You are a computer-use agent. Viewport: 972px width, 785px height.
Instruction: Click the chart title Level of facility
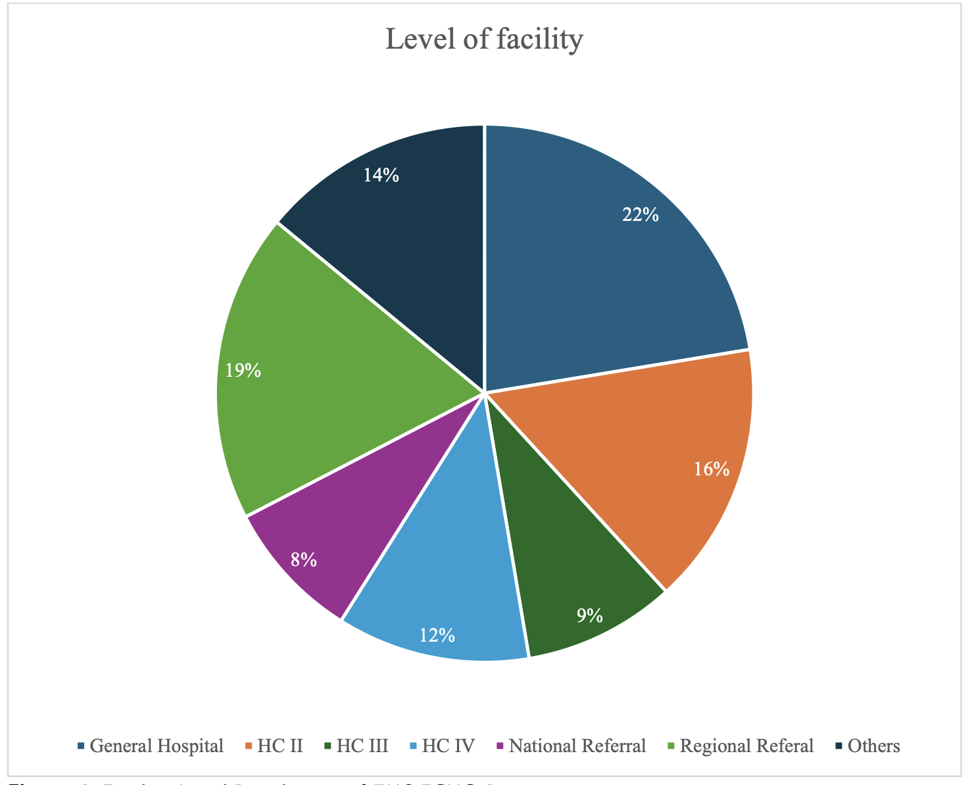pyautogui.click(x=484, y=39)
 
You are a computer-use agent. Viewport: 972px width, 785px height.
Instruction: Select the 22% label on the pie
pyautogui.click(x=641, y=215)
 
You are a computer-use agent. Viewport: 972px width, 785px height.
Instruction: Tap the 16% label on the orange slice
pyautogui.click(x=712, y=469)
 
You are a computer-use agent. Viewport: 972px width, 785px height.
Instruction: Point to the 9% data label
pyautogui.click(x=589, y=616)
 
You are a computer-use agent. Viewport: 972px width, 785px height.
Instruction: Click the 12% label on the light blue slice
pyautogui.click(x=437, y=635)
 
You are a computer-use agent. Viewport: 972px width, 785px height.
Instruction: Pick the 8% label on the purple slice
pyautogui.click(x=304, y=559)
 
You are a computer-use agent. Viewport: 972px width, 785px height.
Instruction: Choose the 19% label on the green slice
pyautogui.click(x=243, y=371)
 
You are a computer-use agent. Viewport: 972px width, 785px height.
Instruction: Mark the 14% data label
pyautogui.click(x=381, y=175)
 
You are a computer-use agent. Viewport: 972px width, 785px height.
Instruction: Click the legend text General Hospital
pyautogui.click(x=157, y=746)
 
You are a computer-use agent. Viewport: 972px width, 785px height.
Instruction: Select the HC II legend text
pyautogui.click(x=280, y=746)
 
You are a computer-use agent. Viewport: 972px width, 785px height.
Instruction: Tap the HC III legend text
pyautogui.click(x=362, y=746)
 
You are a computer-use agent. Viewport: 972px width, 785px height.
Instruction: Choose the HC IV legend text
pyautogui.click(x=448, y=746)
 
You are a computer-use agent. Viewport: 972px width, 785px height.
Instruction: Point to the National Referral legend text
pyautogui.click(x=577, y=746)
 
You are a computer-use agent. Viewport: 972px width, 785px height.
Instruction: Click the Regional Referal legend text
pyautogui.click(x=746, y=746)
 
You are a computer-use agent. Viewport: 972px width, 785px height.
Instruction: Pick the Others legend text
pyautogui.click(x=873, y=746)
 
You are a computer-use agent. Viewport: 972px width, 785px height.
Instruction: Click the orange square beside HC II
pyautogui.click(x=249, y=746)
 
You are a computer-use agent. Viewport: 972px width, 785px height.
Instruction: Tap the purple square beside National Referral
pyautogui.click(x=500, y=746)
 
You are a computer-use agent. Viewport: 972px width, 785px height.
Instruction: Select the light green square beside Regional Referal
pyautogui.click(x=671, y=746)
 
